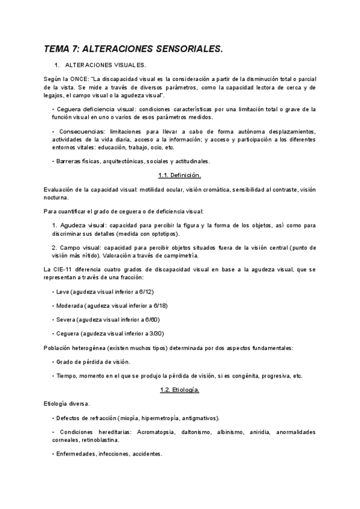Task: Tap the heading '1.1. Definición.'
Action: point(180,175)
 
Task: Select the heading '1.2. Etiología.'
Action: point(180,390)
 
